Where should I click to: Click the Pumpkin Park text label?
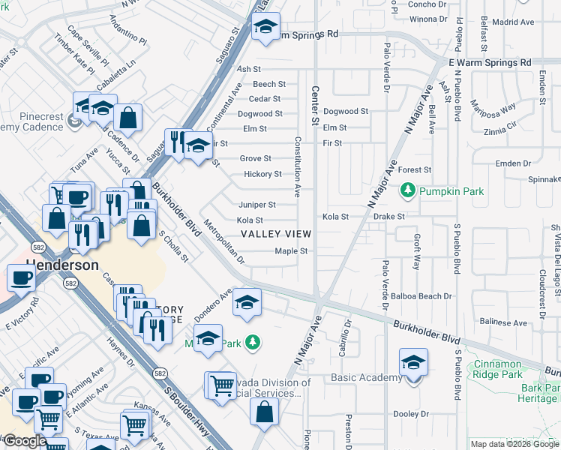[x=451, y=191]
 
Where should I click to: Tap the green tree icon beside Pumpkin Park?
[x=408, y=190]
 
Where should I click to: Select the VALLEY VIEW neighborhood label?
[x=275, y=234]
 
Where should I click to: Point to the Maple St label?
[x=291, y=251]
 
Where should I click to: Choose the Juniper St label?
[x=256, y=205]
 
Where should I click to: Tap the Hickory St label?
[x=262, y=175]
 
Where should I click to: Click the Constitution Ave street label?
[x=298, y=166]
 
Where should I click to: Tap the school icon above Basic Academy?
[x=413, y=363]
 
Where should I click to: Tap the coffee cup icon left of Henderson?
[x=21, y=278]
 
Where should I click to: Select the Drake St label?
[x=390, y=216]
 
